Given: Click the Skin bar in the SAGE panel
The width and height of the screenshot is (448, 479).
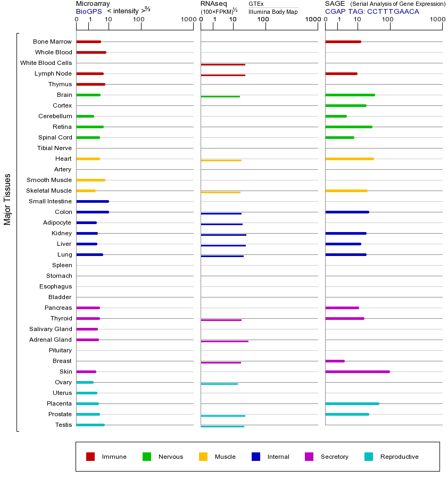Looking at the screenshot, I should click(x=357, y=371).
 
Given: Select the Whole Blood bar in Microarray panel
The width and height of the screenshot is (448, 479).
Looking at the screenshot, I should click(x=91, y=52).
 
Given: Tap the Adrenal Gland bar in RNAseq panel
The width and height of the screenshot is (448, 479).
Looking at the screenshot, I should click(x=225, y=341).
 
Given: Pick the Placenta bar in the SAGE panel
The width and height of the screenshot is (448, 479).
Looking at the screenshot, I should click(x=352, y=403).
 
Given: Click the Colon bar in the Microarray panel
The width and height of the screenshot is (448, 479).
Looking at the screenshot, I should click(x=93, y=212).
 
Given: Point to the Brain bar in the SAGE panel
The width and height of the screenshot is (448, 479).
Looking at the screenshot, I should click(x=350, y=95).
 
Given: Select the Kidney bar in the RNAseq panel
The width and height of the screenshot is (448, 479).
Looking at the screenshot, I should click(x=223, y=235).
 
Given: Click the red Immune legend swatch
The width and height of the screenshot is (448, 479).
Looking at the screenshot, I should click(x=90, y=457).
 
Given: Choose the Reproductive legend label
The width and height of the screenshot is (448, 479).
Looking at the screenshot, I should click(x=399, y=457).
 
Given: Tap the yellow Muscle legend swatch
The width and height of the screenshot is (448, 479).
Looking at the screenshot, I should click(x=203, y=457).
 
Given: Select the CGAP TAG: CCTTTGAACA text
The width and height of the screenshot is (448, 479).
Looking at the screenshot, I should click(x=372, y=11).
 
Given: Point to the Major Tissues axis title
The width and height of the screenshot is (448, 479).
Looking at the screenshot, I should click(x=7, y=199).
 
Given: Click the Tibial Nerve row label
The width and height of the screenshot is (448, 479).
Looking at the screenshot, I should click(x=54, y=148).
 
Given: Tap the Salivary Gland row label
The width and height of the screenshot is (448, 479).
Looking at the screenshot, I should click(x=51, y=329).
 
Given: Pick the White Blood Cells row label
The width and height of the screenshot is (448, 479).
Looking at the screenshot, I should click(x=46, y=63).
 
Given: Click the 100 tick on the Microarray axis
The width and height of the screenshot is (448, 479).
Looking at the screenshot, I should click(x=139, y=20).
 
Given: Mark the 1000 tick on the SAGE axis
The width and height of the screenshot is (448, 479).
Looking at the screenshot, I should click(x=438, y=20).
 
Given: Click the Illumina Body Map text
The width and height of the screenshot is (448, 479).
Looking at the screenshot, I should click(x=273, y=12).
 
